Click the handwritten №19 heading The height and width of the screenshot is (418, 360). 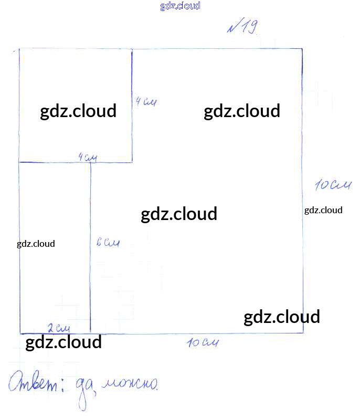pyautogui.click(x=242, y=28)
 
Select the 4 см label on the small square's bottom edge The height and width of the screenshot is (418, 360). pyautogui.click(x=88, y=157)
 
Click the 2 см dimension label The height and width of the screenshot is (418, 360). pyautogui.click(x=58, y=328)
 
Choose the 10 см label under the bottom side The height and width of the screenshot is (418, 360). pyautogui.click(x=202, y=343)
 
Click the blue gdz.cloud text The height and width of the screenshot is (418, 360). pyautogui.click(x=180, y=6)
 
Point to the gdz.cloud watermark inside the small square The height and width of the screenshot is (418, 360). pyautogui.click(x=78, y=111)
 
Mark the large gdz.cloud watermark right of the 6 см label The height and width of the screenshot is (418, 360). pyautogui.click(x=179, y=214)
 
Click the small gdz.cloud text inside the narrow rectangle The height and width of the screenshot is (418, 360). pyautogui.click(x=36, y=244)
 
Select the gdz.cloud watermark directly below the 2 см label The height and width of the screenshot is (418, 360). pyautogui.click(x=63, y=342)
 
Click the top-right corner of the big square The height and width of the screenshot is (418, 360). pyautogui.click(x=302, y=49)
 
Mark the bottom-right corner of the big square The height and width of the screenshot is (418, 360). pyautogui.click(x=303, y=332)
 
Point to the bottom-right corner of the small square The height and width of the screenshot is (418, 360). pyautogui.click(x=132, y=162)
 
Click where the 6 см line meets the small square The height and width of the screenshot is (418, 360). pyautogui.click(x=91, y=162)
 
